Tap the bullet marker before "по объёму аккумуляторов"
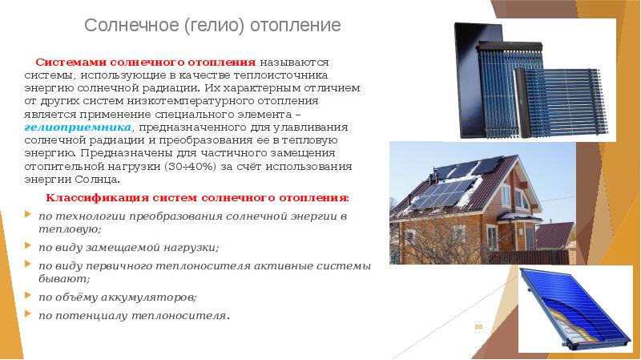(x=30, y=296)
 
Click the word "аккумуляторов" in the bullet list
(x=156, y=296)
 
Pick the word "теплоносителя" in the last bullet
(x=184, y=315)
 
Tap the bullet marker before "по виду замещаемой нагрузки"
(x=30, y=247)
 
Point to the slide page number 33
(x=480, y=326)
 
